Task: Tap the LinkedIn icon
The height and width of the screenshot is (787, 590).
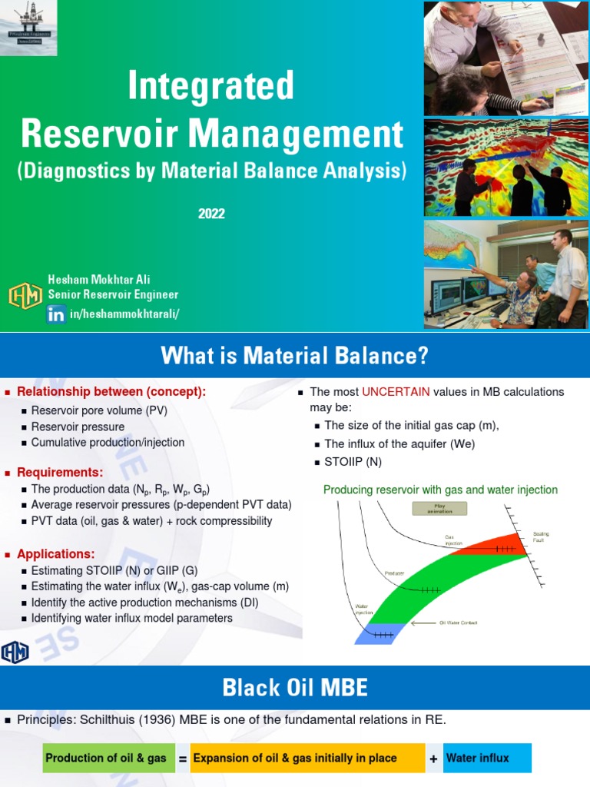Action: (x=56, y=314)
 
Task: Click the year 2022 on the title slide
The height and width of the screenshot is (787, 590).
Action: (x=211, y=214)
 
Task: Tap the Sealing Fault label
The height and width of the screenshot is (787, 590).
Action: (x=541, y=536)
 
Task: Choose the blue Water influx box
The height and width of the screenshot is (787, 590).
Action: (x=486, y=759)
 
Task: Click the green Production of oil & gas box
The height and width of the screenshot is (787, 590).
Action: (x=106, y=759)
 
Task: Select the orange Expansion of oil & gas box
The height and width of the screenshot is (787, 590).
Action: (x=307, y=759)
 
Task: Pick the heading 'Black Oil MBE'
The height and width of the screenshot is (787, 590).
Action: (x=294, y=687)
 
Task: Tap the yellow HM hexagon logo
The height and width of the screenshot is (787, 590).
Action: (x=25, y=296)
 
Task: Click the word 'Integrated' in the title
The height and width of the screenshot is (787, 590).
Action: (x=211, y=86)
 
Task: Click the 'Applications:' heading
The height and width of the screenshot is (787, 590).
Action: (x=56, y=554)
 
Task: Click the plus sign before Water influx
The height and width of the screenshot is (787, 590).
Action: (x=434, y=759)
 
